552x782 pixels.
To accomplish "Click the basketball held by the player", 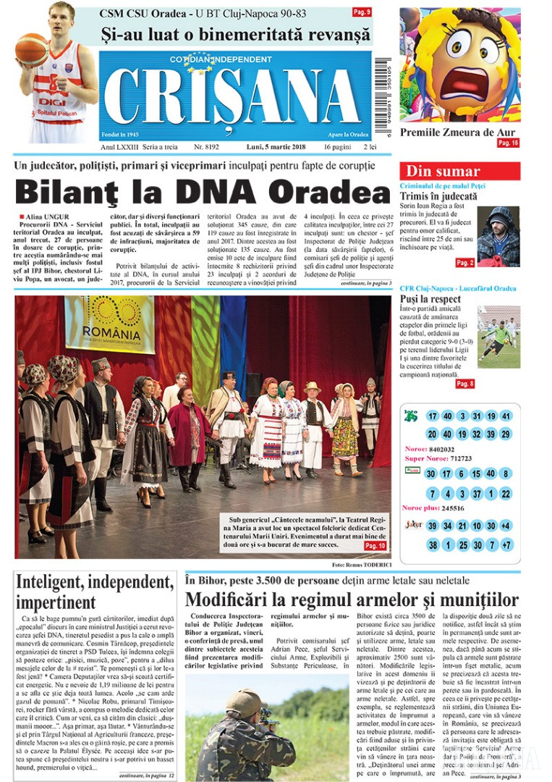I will point(31,50).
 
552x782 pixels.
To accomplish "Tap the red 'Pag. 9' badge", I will point(362,12).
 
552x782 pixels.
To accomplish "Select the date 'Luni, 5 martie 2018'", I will point(278,146).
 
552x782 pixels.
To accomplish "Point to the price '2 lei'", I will point(369,146).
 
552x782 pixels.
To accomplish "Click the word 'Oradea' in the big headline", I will point(337,192).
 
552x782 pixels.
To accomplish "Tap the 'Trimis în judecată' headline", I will point(438,196).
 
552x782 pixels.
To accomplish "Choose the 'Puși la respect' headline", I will point(430,299).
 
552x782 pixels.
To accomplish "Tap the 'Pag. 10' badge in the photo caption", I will point(375,545).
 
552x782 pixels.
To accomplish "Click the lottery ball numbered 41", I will point(506,416).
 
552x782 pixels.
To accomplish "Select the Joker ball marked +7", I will point(506,545).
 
